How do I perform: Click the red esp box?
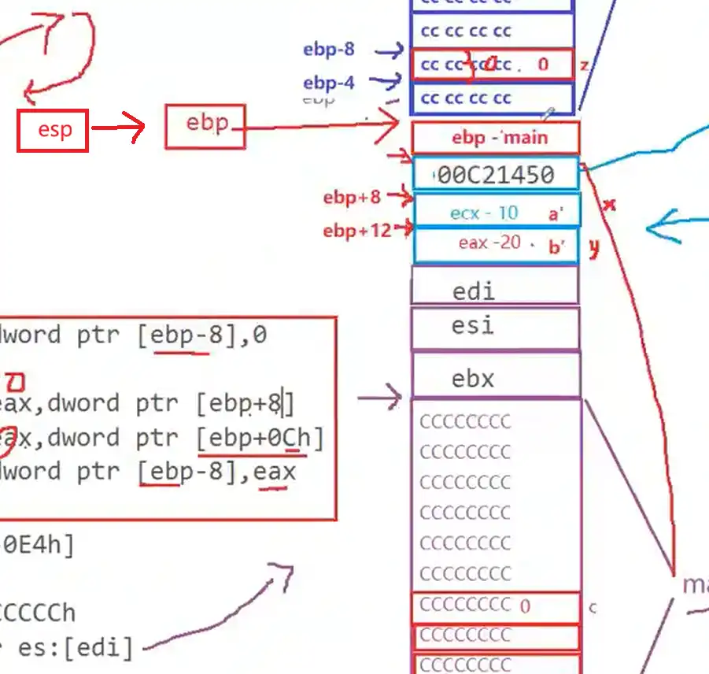pyautogui.click(x=53, y=130)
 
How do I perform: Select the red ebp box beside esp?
pyautogui.click(x=205, y=125)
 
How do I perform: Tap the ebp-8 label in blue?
pyautogui.click(x=329, y=50)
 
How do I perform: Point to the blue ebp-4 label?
pyautogui.click(x=329, y=83)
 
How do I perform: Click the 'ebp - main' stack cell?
pyautogui.click(x=496, y=138)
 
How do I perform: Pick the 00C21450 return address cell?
pyautogui.click(x=496, y=174)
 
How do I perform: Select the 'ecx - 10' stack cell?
pyautogui.click(x=496, y=213)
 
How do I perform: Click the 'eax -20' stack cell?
pyautogui.click(x=496, y=244)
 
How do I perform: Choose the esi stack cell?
pyautogui.click(x=496, y=326)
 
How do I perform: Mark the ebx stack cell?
pyautogui.click(x=496, y=377)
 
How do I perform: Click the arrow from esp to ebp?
pyautogui.click(x=117, y=128)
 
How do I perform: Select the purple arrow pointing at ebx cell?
pyautogui.click(x=379, y=398)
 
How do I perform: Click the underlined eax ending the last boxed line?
pyautogui.click(x=275, y=472)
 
